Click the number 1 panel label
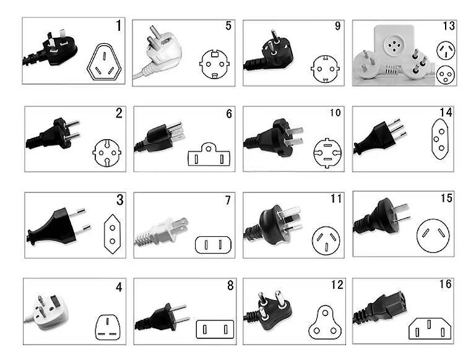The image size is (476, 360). click(119, 25)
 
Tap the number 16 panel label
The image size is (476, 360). click(445, 284)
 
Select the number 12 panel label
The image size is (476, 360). click(337, 285)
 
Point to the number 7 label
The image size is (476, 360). click(228, 200)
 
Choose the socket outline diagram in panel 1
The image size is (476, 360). click(104, 62)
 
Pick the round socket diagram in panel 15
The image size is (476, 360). click(433, 236)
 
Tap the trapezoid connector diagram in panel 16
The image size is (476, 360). click(430, 328)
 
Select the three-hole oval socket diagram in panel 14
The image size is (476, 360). click(440, 139)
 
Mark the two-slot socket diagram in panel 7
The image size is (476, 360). click(213, 245)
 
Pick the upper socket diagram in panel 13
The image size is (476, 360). click(446, 50)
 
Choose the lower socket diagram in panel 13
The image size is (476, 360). click(446, 75)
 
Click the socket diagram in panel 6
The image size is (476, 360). click(209, 154)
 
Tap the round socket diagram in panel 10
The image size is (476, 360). click(327, 153)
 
